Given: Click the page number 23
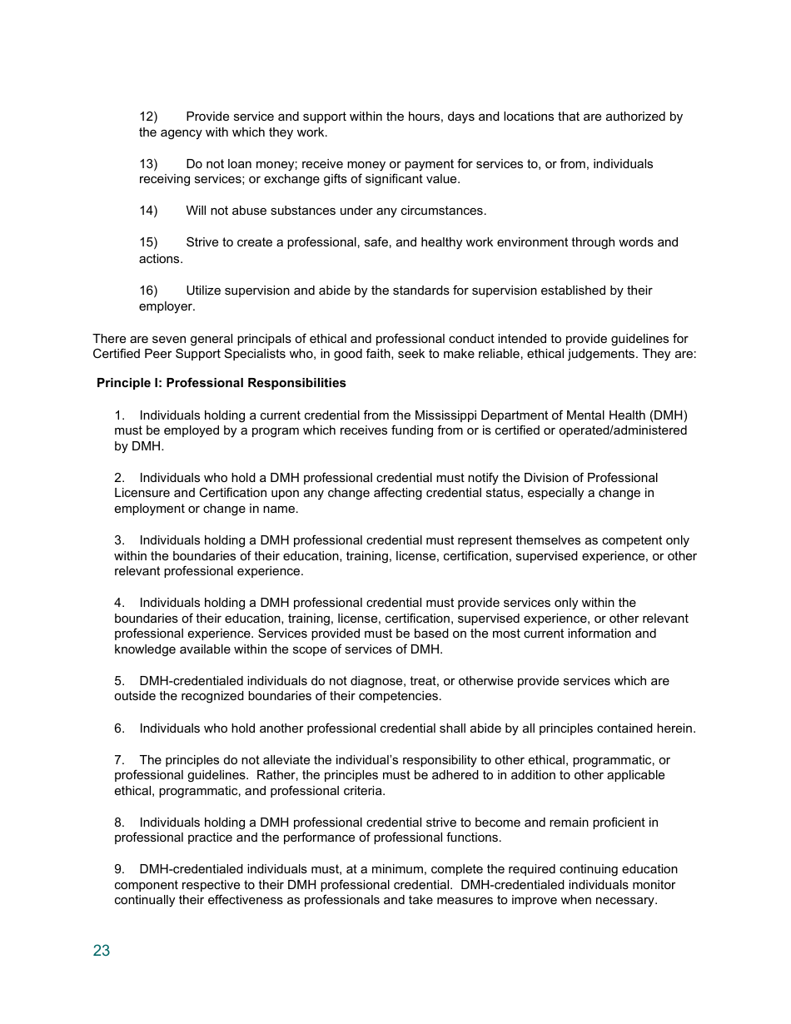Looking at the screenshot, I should (x=102, y=951).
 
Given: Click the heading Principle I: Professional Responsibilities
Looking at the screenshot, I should (x=221, y=383).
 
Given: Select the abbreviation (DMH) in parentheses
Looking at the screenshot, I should (x=669, y=415).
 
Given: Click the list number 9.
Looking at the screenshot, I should (x=119, y=869).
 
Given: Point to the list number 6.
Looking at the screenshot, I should (x=119, y=728).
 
